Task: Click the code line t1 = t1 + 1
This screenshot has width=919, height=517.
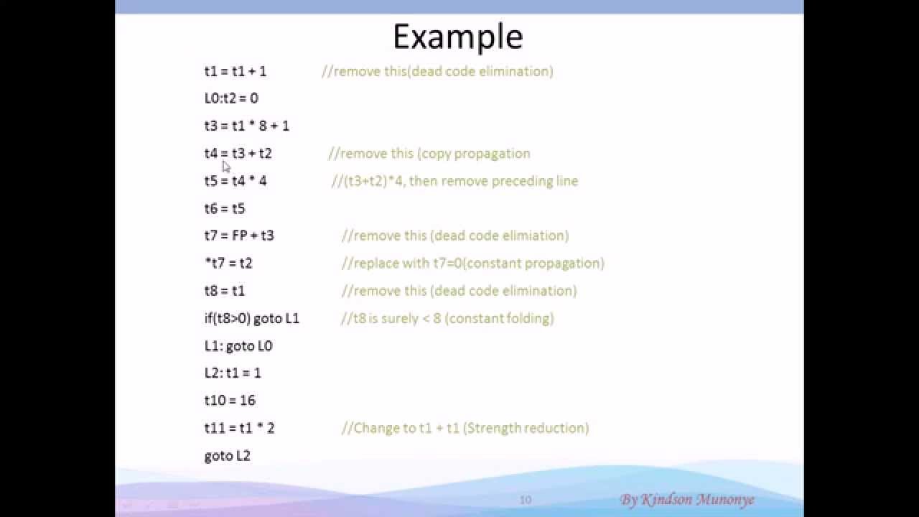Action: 235,71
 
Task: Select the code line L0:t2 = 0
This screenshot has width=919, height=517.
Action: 231,98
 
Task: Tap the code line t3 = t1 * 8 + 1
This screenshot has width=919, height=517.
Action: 247,126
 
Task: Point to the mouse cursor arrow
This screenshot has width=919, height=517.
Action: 226,167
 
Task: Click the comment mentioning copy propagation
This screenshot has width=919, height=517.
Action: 429,154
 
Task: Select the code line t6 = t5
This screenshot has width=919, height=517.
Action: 225,208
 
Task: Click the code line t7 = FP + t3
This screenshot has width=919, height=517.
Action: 239,236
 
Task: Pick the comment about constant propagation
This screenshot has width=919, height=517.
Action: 472,263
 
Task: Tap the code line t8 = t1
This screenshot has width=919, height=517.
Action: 225,291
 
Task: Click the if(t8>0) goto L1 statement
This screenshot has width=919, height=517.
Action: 252,318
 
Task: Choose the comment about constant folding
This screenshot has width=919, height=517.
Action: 447,318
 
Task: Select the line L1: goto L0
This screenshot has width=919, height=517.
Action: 238,346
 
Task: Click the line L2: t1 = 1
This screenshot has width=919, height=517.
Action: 233,373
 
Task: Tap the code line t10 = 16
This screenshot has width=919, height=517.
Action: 230,401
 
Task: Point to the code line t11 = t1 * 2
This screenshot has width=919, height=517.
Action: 239,428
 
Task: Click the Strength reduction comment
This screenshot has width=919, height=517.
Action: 465,428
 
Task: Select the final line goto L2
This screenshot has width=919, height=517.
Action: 228,456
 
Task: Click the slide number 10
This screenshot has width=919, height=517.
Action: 526,500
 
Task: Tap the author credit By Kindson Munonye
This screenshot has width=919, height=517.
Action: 687,500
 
